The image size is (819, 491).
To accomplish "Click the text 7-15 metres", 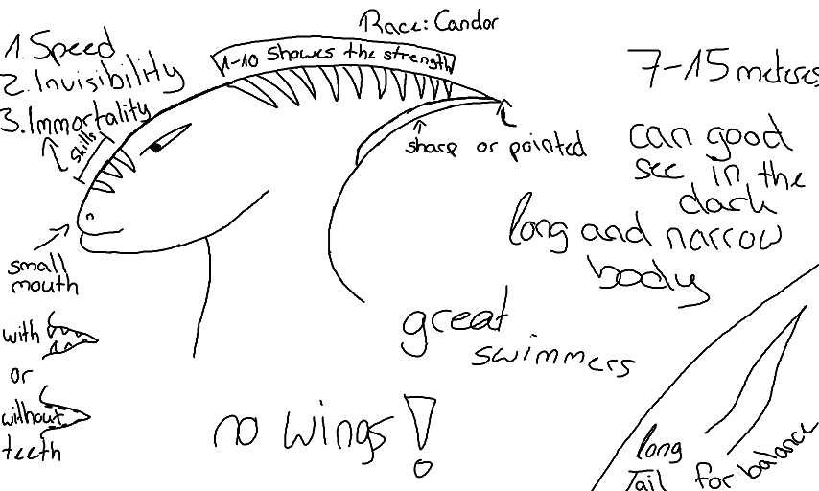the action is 724,72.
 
